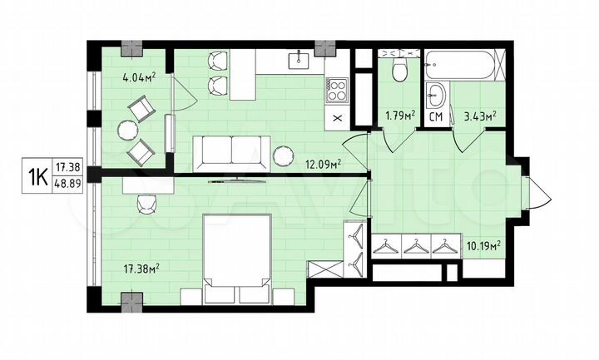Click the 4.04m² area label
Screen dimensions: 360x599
tap(140, 79)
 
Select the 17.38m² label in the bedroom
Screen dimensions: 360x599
tap(141, 268)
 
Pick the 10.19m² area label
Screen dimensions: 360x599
tap(483, 245)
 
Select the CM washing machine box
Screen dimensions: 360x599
tap(434, 117)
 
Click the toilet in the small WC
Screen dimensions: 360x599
tap(399, 71)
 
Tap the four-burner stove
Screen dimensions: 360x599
tap(337, 90)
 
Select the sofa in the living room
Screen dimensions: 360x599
tap(228, 151)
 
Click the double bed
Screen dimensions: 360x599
tap(236, 259)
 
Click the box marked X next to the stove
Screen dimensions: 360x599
tap(337, 118)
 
